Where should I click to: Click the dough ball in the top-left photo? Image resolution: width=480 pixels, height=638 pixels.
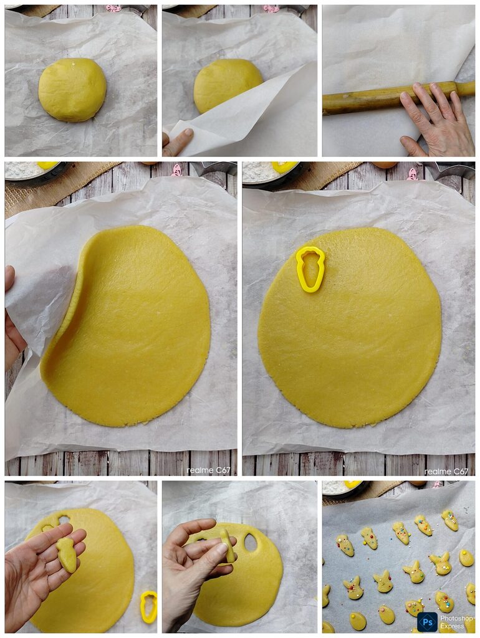72,90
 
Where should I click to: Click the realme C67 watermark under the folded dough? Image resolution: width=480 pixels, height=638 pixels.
208,470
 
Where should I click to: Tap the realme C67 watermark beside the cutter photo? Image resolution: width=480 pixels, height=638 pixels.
446,471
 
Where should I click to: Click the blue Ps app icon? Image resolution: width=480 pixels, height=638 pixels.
427,622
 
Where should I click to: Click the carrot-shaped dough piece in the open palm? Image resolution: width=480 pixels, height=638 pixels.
67,554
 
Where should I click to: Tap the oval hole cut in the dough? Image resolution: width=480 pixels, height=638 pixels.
251,543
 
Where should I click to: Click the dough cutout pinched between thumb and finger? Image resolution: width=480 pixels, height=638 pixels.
227,545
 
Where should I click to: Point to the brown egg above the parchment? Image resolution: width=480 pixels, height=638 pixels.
385,164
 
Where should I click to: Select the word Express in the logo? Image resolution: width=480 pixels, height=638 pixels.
452,627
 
